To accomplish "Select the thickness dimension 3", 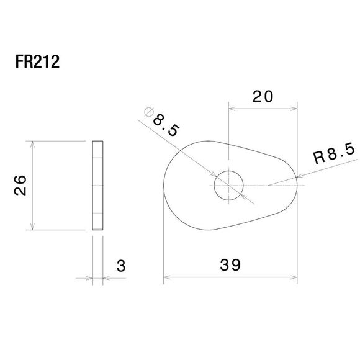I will [120, 266].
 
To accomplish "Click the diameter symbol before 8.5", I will [148, 112].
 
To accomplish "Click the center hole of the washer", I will [228, 186].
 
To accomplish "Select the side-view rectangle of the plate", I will [97, 186].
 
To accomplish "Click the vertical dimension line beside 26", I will [30, 186].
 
